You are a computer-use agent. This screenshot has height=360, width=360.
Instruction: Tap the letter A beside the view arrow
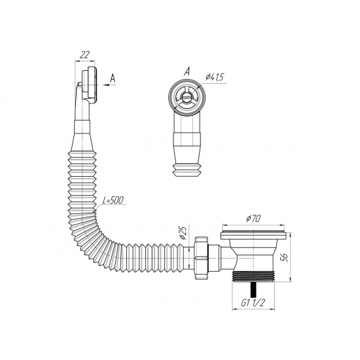pyautogui.click(x=113, y=77)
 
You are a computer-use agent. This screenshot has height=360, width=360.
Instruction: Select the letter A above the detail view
pyautogui.click(x=187, y=70)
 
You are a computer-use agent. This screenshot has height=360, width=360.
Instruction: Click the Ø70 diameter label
pyautogui.click(x=254, y=218)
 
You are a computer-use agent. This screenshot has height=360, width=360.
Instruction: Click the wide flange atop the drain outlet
pyautogui.click(x=254, y=232)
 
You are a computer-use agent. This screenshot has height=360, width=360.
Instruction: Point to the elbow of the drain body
pyautogui.click(x=229, y=255)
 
